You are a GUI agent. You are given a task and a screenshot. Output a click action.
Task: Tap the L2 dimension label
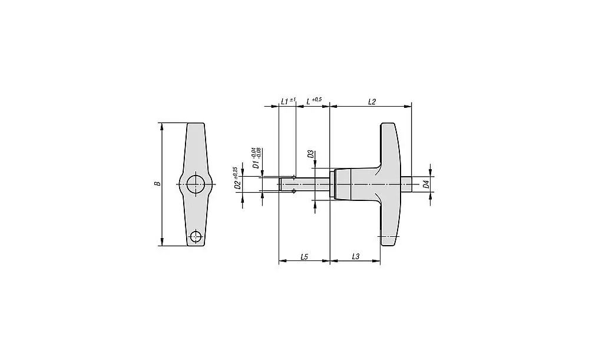coord(372,102)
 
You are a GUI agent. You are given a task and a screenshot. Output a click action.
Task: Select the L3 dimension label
coord(356,257)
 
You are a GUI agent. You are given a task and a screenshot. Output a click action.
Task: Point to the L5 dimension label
coord(305,257)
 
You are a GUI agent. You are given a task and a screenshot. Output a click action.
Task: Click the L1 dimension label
coord(284,101)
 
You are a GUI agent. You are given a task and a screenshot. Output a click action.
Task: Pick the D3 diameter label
coord(310,154)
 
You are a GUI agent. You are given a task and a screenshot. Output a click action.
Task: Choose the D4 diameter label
coord(426,184)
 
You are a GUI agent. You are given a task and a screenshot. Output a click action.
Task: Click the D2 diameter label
coord(237,184)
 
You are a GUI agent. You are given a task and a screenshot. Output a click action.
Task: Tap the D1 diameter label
coord(256,164)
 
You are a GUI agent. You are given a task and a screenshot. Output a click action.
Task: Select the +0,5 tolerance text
coord(317,99)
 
